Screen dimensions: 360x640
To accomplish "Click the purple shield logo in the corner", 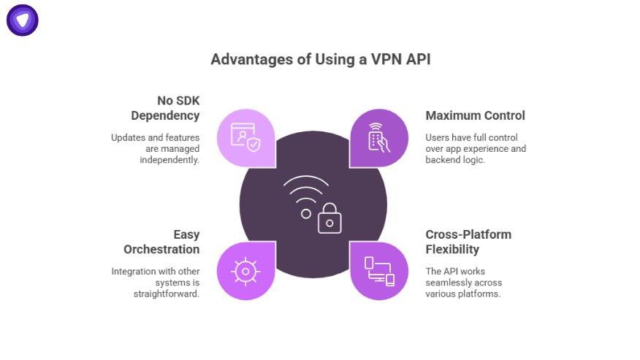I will click(22, 20).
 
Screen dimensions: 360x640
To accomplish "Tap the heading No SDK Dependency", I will click(166, 108).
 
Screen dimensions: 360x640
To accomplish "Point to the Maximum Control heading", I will click(475, 115).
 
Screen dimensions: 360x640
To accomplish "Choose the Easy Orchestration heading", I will click(161, 242).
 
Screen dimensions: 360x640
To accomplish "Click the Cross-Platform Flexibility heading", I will click(468, 242).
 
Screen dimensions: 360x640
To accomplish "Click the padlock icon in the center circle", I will click(329, 218).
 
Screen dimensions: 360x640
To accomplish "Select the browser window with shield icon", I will click(245, 137).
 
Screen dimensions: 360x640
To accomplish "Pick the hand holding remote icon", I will click(378, 137).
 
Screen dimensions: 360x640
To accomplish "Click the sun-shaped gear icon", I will click(245, 271).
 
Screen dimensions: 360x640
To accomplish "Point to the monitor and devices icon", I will click(378, 271).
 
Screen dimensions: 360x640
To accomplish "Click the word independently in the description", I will click(169, 160).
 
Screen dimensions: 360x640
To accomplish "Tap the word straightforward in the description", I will click(166, 294).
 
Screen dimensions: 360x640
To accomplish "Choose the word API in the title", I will click(416, 59).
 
